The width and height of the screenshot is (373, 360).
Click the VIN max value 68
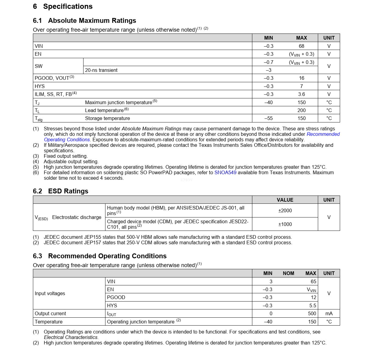(x=301, y=46)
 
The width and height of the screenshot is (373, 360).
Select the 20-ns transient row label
(x=101, y=70)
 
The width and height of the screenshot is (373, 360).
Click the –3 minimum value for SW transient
(x=268, y=70)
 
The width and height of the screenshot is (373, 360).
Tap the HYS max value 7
(x=301, y=86)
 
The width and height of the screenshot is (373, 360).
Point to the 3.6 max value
(x=301, y=94)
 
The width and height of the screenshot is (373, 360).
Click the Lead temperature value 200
(x=301, y=110)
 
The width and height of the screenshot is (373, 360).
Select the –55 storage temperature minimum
(x=268, y=118)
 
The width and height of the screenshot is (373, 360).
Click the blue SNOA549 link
(x=225, y=172)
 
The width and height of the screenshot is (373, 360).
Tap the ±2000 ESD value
(x=285, y=210)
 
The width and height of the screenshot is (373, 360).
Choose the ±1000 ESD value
(x=285, y=224)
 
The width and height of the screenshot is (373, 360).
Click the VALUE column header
(x=285, y=200)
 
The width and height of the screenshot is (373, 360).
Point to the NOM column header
(x=288, y=273)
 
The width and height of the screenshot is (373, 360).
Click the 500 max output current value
(x=312, y=313)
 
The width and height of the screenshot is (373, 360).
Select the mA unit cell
(x=329, y=313)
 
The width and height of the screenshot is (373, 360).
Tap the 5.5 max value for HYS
(x=313, y=305)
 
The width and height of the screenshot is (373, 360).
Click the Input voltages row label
(x=50, y=293)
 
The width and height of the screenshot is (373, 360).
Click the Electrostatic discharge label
(x=76, y=217)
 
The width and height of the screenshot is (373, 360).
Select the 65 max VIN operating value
(x=313, y=281)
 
